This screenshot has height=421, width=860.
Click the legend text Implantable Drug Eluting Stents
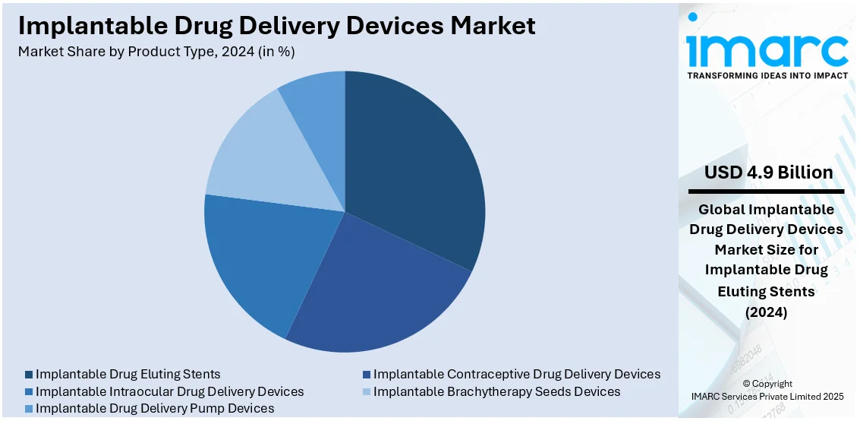(128, 374)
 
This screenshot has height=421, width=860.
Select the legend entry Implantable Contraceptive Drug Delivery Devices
(516, 374)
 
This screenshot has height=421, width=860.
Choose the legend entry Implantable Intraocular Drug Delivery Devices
(169, 391)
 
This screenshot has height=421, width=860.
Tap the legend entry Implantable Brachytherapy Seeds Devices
(496, 391)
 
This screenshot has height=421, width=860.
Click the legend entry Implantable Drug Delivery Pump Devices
(155, 408)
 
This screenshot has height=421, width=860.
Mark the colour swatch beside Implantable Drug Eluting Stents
(29, 374)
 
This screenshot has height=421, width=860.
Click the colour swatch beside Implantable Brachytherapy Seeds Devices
(367, 391)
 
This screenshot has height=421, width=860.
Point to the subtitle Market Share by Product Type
(156, 52)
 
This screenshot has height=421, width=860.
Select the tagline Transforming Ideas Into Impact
(767, 75)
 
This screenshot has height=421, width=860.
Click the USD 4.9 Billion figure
(768, 173)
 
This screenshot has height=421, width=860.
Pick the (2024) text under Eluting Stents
(767, 312)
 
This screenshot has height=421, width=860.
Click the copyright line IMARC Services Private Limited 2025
(767, 396)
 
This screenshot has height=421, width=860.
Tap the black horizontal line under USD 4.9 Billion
(767, 192)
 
